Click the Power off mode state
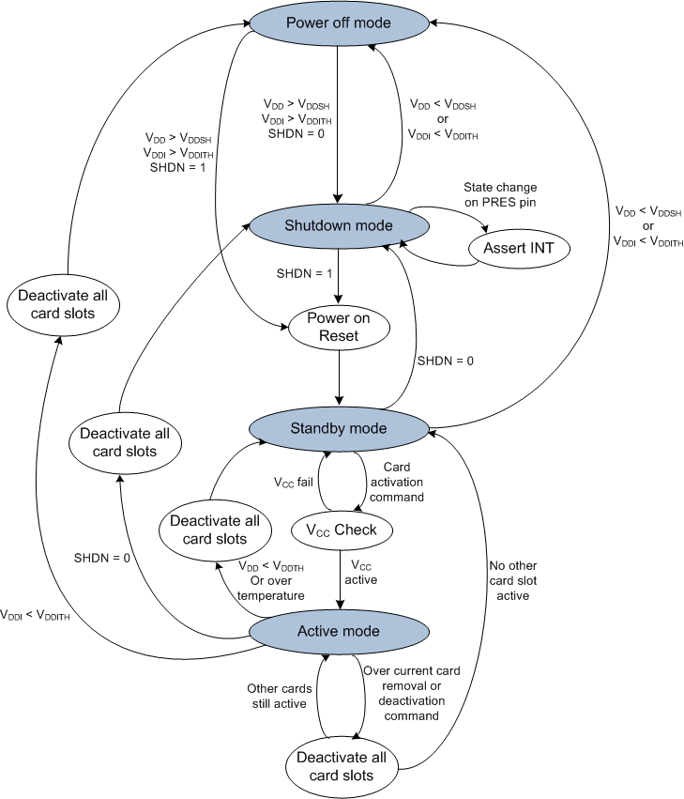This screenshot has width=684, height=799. point(338,23)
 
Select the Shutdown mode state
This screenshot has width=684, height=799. point(338,225)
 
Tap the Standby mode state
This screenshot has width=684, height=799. point(338,428)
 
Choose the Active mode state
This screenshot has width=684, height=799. point(338,631)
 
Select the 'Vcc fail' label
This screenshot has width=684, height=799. point(294,483)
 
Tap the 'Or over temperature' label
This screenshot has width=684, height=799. point(271,589)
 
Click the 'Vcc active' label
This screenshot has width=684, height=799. point(363,572)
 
